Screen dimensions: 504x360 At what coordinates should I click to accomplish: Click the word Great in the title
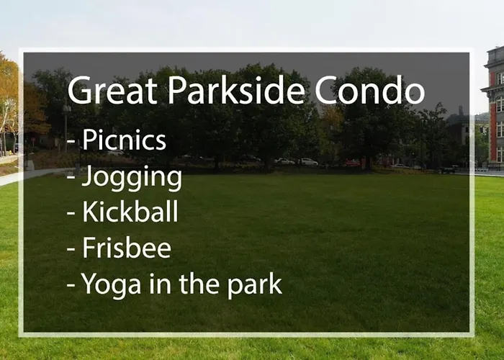click(112, 90)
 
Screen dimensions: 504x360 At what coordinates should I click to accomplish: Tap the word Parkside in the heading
click(236, 89)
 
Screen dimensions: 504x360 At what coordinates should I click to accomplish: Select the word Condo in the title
click(369, 90)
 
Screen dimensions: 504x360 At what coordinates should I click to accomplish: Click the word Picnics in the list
click(124, 140)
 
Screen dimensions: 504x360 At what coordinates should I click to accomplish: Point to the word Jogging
click(132, 178)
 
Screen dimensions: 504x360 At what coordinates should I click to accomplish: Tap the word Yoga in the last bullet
click(111, 285)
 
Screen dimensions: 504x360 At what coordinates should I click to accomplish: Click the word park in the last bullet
click(255, 285)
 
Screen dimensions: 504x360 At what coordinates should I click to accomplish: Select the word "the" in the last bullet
click(199, 283)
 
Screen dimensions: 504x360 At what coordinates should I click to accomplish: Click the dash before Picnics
click(71, 141)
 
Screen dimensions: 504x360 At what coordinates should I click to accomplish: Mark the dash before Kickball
click(71, 213)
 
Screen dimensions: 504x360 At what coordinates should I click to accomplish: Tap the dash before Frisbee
click(71, 249)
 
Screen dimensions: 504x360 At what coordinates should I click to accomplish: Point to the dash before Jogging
click(71, 176)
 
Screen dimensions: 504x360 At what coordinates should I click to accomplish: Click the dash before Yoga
click(71, 285)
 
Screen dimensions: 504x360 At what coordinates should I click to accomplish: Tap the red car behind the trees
click(353, 163)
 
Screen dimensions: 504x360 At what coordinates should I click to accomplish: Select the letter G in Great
click(77, 90)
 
